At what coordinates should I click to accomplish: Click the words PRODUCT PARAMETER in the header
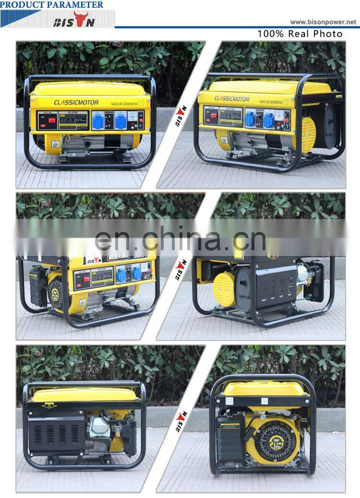pyautogui.click(x=52, y=4)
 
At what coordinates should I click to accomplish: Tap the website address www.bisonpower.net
pyautogui.click(x=324, y=22)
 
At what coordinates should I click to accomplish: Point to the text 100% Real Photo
pyautogui.click(x=300, y=34)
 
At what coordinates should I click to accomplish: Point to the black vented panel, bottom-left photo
pyautogui.click(x=55, y=435)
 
